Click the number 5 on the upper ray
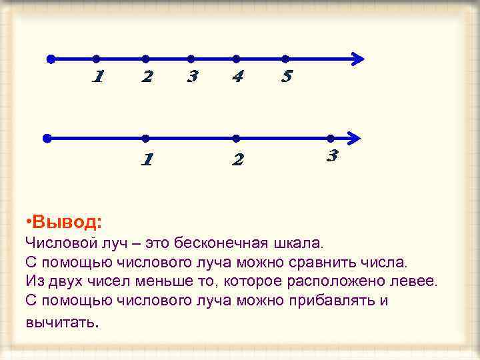[287, 77]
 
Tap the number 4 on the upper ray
[237, 77]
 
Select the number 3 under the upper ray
[192, 77]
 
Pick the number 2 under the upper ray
[147, 77]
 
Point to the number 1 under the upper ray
[97, 77]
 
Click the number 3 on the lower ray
[333, 157]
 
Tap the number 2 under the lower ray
[237, 160]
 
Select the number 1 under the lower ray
[147, 160]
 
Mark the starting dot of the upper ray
[51, 59]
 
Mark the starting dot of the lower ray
[47, 139]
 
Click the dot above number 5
[285, 59]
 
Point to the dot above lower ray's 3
[331, 138]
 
